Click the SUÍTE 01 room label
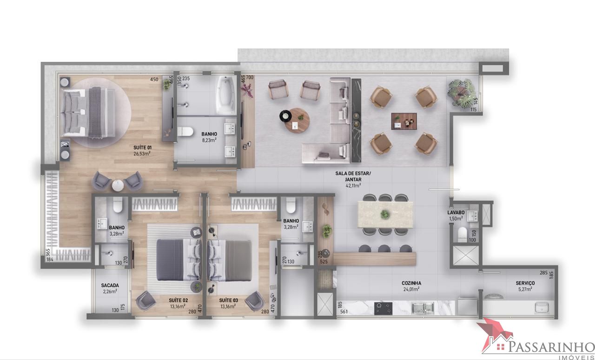(142, 147)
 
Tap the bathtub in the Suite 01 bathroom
(227, 95)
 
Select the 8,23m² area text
(209, 139)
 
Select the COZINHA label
(411, 283)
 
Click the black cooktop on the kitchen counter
(383, 308)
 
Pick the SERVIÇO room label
(525, 283)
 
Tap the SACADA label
(110, 286)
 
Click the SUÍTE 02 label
(178, 300)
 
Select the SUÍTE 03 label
(229, 300)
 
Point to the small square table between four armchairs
(403, 121)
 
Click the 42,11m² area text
(353, 185)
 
